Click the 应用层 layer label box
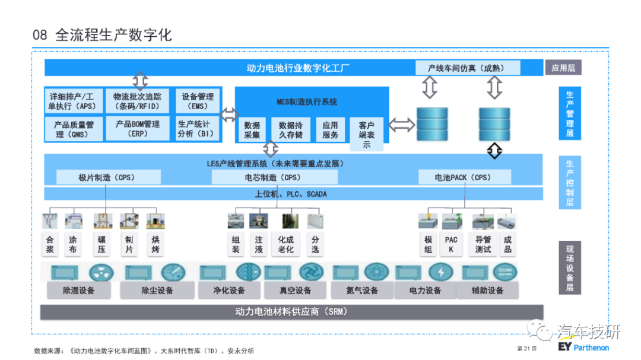coord(563,68)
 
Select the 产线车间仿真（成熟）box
coord(468,68)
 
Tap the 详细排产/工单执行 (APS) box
coord(74,101)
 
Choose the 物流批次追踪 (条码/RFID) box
coord(137,101)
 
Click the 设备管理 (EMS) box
coord(198,101)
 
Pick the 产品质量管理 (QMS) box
coord(74,129)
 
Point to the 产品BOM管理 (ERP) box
coord(137,129)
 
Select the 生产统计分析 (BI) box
coord(198,129)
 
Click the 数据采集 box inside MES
coord(252,130)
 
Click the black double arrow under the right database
coord(494,151)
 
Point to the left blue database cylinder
coord(432,124)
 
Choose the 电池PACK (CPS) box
coord(464,177)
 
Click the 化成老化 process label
coord(285,244)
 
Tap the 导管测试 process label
coord(483,244)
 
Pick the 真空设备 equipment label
coord(295,291)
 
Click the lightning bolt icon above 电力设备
coord(440,272)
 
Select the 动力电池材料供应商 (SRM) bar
coord(291,312)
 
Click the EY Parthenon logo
coord(583,348)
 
